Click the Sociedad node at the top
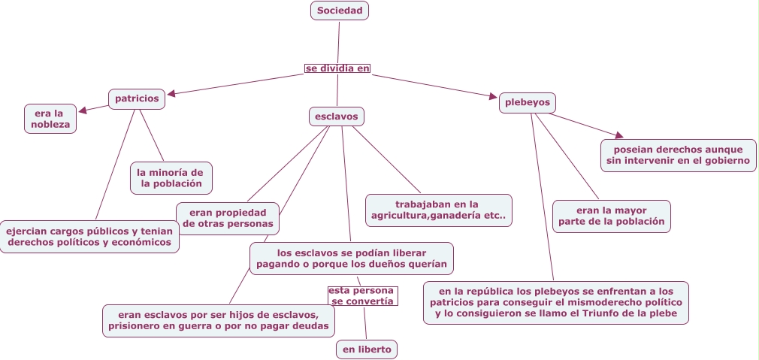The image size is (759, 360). coord(340,11)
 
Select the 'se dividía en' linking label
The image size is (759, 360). coord(337,68)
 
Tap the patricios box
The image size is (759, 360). coord(137,98)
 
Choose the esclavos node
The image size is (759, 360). coord(337,116)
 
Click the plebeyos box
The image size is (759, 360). coord(528,102)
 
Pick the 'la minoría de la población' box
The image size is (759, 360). coord(171,177)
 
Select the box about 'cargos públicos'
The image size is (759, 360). coord(89,237)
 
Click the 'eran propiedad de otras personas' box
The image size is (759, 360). coord(228,218)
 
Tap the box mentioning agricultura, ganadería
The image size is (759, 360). coord(439,210)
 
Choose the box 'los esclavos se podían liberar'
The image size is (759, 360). coord(352,259)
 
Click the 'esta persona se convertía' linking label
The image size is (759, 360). coord(362,295)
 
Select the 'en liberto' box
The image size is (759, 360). coord(366,349)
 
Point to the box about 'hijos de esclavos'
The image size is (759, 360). coord(219,320)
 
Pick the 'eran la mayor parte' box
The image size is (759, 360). coord(611,216)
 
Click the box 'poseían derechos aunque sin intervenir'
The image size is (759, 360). coord(679,155)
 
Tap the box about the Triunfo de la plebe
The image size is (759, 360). coord(556,302)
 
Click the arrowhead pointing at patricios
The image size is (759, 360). coord(171,94)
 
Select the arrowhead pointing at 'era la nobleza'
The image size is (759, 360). coord(82,110)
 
